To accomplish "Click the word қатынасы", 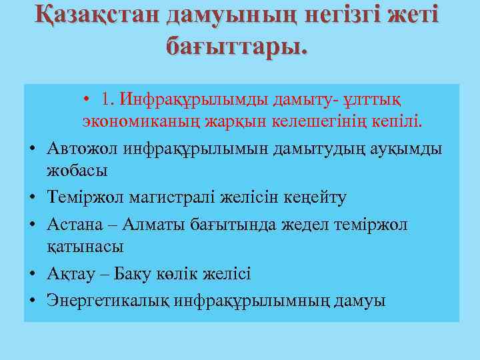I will click(x=85, y=247).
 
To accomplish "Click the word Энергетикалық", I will click(x=109, y=300).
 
